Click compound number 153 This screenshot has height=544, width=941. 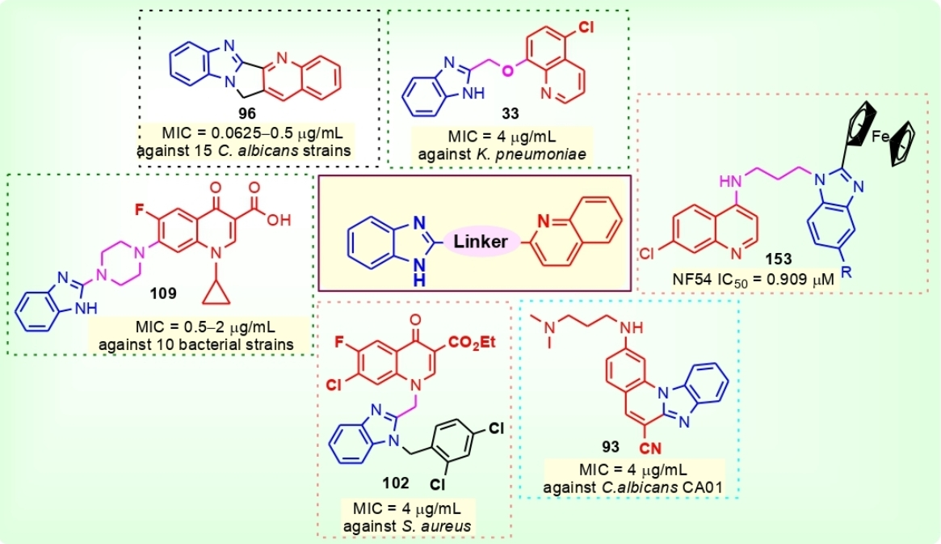781,259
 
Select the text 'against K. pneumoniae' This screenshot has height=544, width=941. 507,150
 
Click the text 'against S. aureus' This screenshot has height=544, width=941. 416,526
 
